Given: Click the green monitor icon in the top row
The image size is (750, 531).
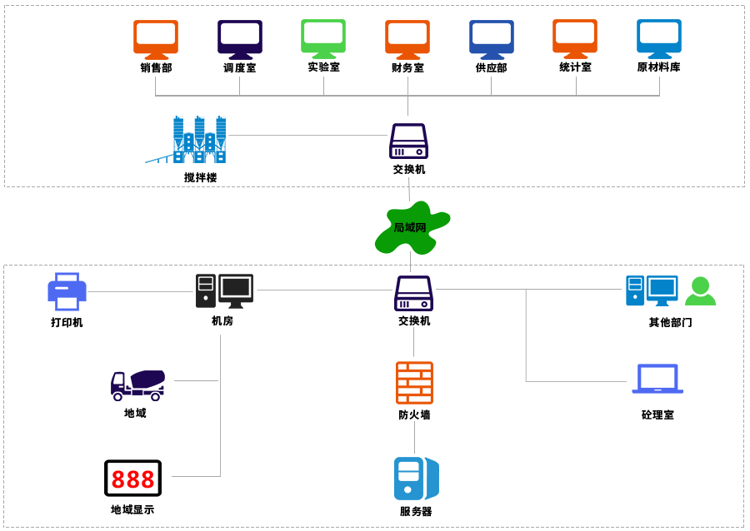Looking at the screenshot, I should pos(323,38).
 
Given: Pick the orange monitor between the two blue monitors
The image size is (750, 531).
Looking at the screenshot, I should pos(575,38).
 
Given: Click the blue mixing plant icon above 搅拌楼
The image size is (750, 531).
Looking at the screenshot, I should pos(191,139).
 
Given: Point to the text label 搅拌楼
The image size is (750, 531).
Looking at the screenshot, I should pos(200,177).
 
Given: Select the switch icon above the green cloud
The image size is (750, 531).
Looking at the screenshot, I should pos(408,141).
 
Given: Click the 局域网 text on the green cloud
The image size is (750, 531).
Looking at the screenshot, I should pos(410,227).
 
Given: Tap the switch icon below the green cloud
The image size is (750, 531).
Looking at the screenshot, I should pos(413,293).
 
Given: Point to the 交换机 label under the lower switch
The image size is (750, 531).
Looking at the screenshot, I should pos(414,320).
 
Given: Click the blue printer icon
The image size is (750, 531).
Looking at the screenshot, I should pos(67,291).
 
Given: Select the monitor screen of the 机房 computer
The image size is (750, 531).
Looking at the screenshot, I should pos(236,288).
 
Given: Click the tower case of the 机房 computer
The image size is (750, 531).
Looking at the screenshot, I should pos(206,291).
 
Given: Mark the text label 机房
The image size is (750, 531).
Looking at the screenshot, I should pos(222,320).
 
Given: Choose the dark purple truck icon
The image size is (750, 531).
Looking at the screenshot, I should pos(137,385).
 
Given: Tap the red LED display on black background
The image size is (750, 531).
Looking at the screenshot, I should pos(132,479).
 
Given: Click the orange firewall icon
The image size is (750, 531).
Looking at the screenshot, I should pos(414,383).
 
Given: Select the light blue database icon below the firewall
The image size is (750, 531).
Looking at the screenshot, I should pos(416,479).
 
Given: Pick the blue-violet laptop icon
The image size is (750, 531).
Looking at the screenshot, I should pos(657,378).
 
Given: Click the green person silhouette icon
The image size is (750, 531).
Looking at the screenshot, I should pos(699,291).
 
